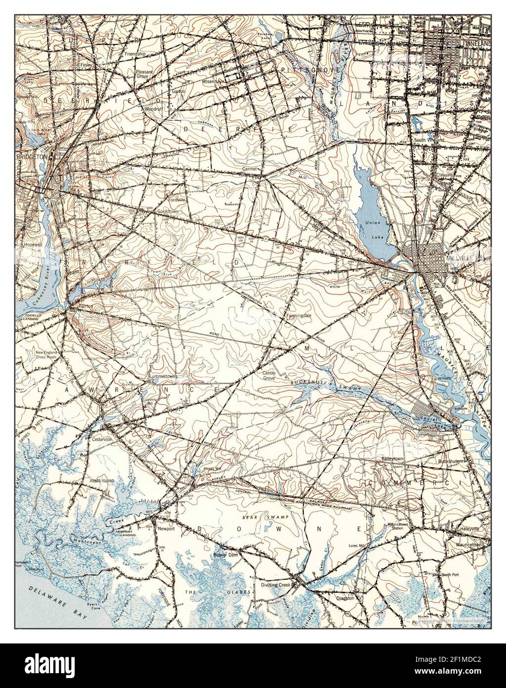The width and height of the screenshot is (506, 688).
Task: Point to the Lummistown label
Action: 163,376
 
